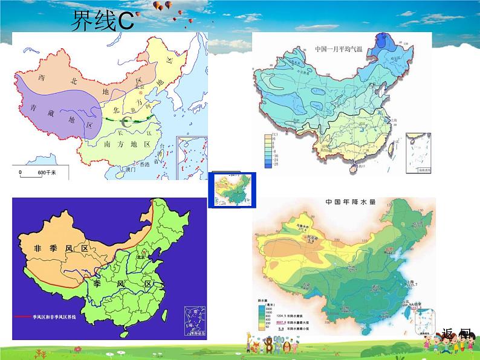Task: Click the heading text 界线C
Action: [x=102, y=22]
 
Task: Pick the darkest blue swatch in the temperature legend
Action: [x=267, y=164]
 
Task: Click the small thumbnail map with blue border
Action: [x=232, y=190]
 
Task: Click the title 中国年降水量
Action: [x=349, y=202]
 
